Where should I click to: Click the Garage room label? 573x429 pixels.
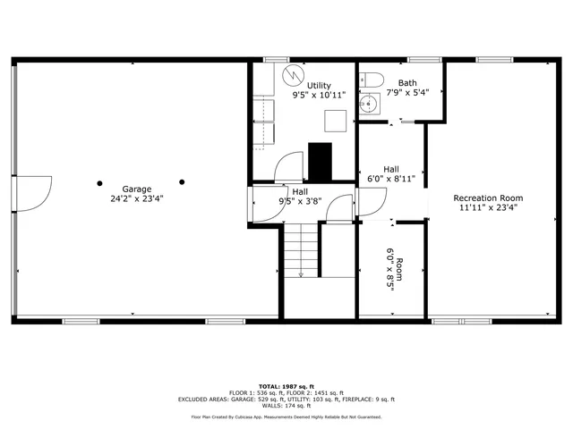(x=137, y=189)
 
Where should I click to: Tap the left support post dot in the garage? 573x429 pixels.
(x=101, y=181)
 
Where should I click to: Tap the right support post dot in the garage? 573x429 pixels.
(x=182, y=181)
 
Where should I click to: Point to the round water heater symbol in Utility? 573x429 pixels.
(x=289, y=73)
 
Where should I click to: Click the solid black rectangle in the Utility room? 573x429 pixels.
(x=320, y=159)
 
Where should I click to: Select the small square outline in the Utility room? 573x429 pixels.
(x=334, y=120)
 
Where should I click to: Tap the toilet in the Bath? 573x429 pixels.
(x=373, y=79)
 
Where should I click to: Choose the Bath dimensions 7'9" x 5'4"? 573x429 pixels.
(x=407, y=92)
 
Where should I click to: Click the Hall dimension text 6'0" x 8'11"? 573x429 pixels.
(x=391, y=179)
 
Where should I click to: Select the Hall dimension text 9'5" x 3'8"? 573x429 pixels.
(x=299, y=200)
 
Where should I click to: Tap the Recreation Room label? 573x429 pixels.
(x=488, y=198)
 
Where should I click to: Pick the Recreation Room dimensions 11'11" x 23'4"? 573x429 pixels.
(x=488, y=207)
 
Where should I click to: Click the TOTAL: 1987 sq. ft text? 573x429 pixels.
(x=286, y=385)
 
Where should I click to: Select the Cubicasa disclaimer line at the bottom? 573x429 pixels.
(x=286, y=416)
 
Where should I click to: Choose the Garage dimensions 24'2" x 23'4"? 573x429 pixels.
(x=137, y=198)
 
